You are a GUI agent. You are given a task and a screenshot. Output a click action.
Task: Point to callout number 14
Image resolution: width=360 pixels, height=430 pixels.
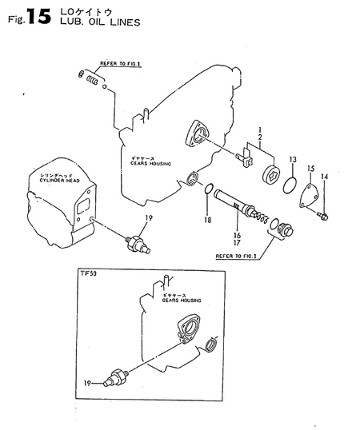[x=325, y=177]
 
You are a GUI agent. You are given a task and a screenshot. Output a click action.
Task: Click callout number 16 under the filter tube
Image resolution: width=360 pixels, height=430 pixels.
[x=237, y=237]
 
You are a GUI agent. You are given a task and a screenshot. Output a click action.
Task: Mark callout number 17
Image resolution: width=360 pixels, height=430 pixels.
[x=237, y=245]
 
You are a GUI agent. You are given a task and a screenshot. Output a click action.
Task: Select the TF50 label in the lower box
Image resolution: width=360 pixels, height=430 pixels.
[x=88, y=274]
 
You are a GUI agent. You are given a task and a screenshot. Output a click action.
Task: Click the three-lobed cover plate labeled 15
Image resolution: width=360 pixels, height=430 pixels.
[x=307, y=196]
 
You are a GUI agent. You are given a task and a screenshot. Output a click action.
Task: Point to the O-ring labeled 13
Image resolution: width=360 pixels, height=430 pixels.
[x=280, y=185]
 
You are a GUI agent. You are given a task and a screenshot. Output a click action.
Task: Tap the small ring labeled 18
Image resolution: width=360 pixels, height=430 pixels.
[x=206, y=190]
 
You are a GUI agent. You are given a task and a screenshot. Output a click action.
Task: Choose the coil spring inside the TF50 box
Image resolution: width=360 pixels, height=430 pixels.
[x=212, y=344]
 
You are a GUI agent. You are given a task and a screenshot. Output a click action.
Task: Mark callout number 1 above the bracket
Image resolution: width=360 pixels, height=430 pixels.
[x=259, y=129]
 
